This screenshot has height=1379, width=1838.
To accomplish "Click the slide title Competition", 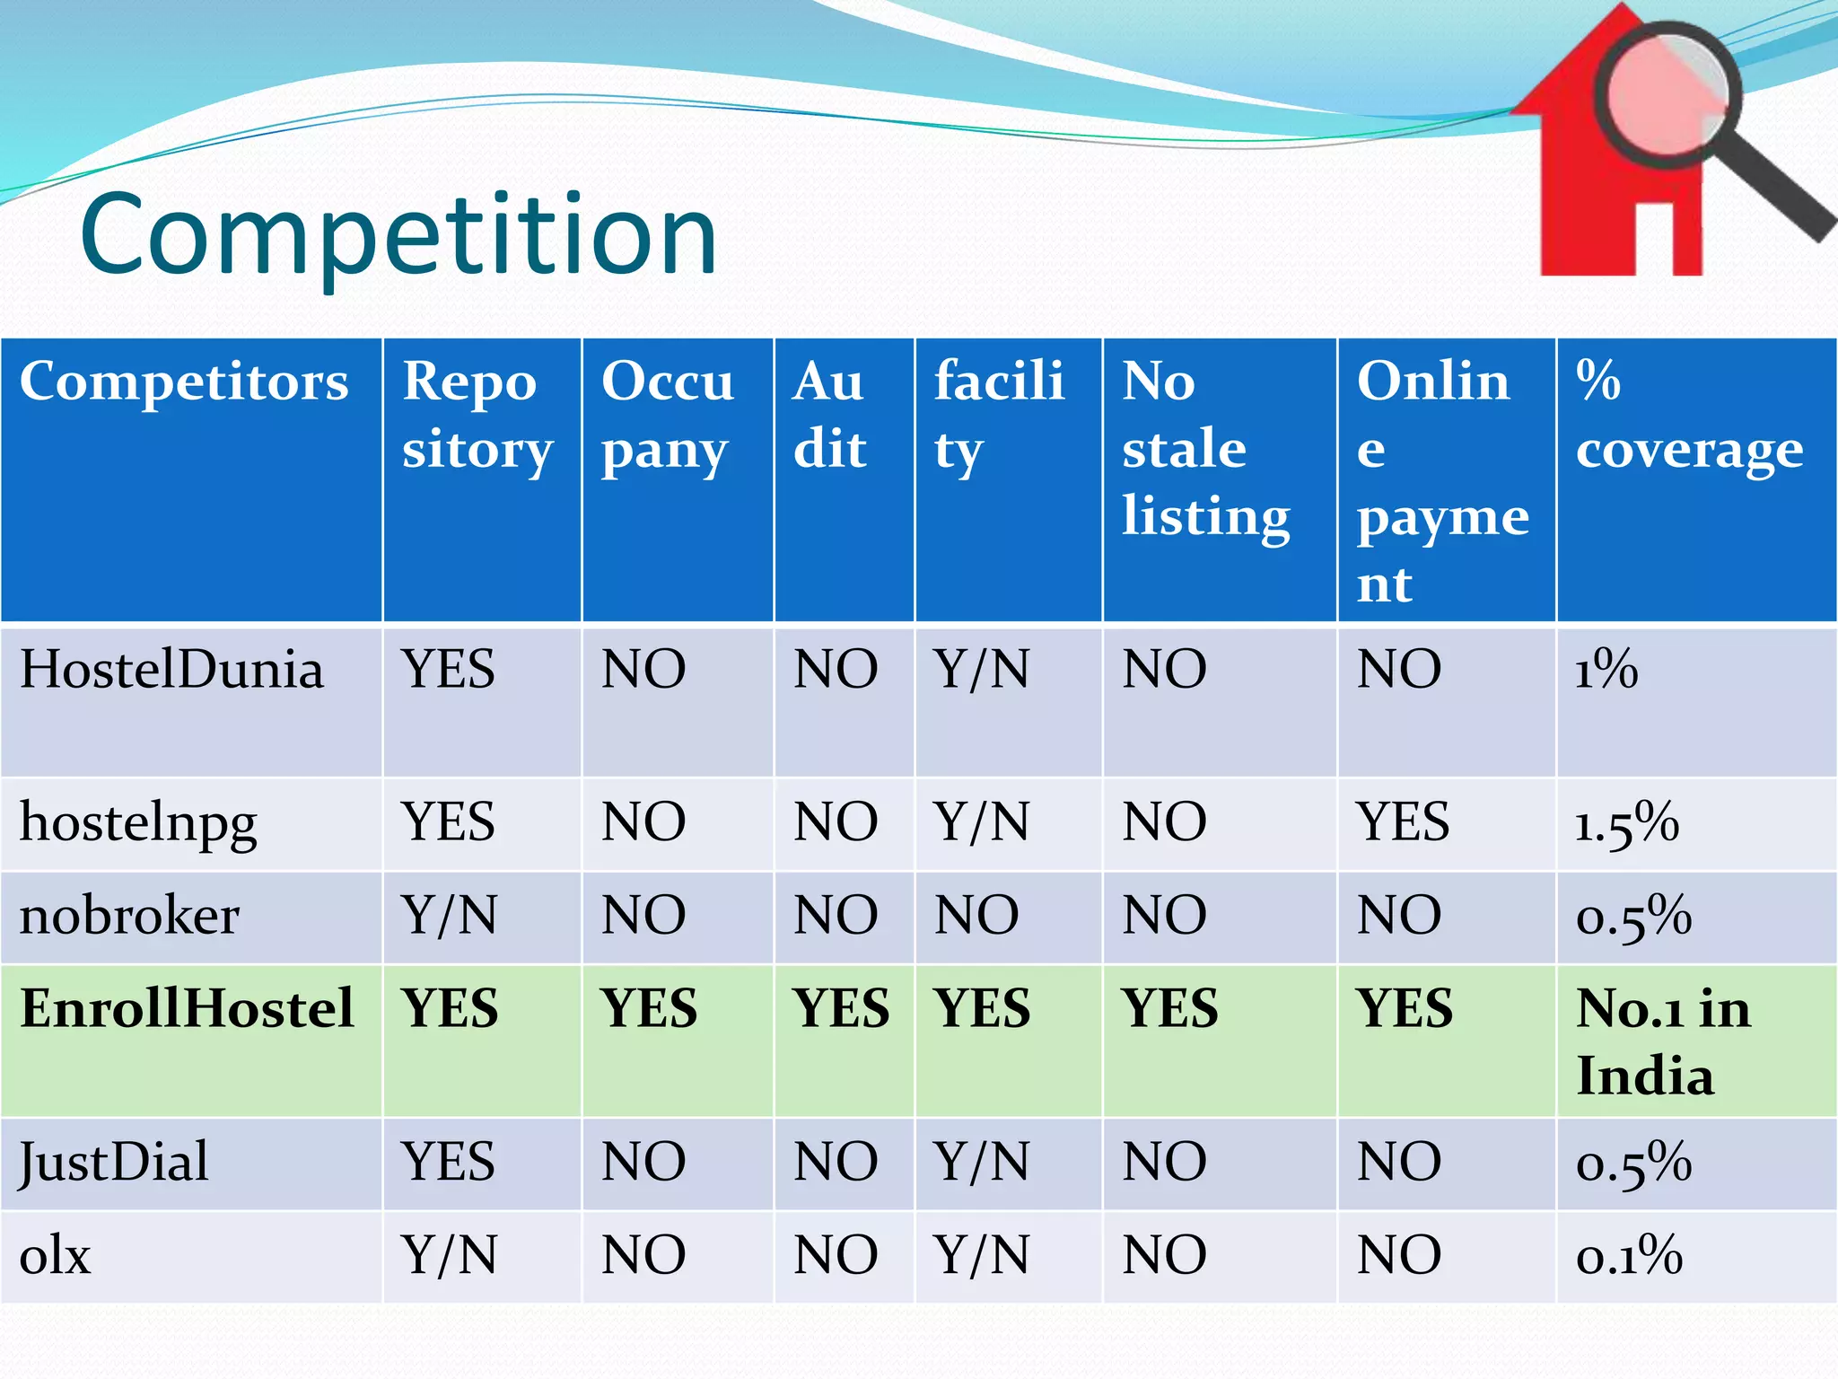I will pos(398,235).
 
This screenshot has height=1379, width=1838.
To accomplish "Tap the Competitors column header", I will pos(184,382).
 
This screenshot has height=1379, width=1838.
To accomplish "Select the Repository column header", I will pos(477,415).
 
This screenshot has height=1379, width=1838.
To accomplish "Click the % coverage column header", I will pos(1688,415).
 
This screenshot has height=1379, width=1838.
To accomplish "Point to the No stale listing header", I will pos(1205,449).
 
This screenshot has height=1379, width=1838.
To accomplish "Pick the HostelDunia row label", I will pos(171,670).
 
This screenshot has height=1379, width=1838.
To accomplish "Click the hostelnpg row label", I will pos(138,822).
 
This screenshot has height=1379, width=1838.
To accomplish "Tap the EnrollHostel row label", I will pos(187,1007).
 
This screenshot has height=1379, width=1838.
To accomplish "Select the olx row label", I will pos(56,1255).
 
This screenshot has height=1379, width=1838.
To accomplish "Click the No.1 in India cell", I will pos(1662,1041).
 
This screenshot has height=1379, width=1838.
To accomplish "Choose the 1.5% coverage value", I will pos(1626,822).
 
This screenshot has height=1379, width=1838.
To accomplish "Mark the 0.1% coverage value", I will pos(1628,1255).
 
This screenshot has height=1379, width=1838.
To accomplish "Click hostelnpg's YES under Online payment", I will pos(1403,822).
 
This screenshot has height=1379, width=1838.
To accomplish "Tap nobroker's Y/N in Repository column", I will pos(449,916).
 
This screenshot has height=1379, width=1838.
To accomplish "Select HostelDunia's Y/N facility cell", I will pos(981,670).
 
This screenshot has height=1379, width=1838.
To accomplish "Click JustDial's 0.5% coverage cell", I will pos(1633,1162).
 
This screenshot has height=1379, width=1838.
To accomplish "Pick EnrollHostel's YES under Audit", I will pos(841,1007).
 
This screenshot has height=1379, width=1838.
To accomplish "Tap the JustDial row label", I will pos(114,1162).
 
